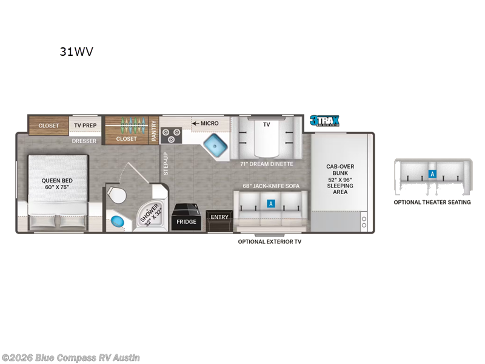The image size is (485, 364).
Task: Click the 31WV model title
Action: click(x=76, y=52)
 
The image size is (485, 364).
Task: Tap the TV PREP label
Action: click(x=85, y=126)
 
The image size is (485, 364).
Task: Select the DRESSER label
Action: click(x=84, y=141)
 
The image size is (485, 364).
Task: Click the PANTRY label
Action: click(x=154, y=130)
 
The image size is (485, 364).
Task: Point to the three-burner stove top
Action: click(x=171, y=136)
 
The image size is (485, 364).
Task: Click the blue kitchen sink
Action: click(x=215, y=144)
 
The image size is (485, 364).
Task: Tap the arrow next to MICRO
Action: click(x=195, y=123)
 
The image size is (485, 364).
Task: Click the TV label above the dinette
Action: click(x=266, y=124)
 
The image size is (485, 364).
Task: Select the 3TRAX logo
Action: click(x=324, y=120)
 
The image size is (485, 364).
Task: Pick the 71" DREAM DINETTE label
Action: click(x=267, y=164)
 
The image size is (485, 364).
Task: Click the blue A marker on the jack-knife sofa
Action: click(x=271, y=203)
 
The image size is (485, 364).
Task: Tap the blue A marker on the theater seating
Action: click(x=432, y=174)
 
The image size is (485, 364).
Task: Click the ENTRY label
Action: click(x=219, y=217)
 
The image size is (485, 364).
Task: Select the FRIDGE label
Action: click(x=186, y=221)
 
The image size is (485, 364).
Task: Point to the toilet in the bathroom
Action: click(x=116, y=195)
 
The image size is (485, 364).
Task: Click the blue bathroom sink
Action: click(x=117, y=221)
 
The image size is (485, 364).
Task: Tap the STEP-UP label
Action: click(x=166, y=164)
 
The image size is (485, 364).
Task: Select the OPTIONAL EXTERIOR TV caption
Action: click(x=270, y=241)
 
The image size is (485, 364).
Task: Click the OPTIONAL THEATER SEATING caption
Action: click(x=432, y=202)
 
